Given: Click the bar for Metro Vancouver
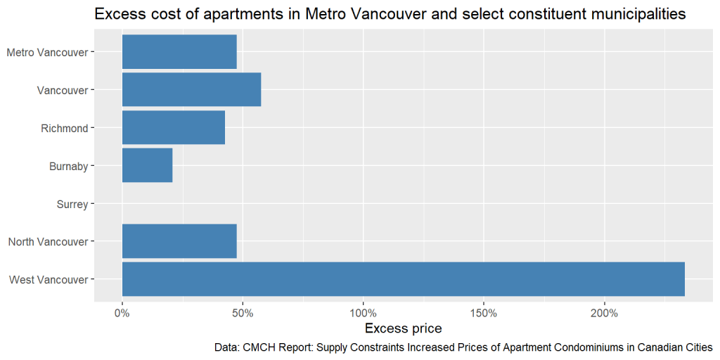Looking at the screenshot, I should click(179, 52).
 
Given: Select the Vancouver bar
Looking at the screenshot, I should click(191, 90).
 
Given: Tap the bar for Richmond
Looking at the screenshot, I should click(174, 128).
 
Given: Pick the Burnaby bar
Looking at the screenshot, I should click(147, 166).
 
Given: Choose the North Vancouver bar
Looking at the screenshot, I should click(179, 242).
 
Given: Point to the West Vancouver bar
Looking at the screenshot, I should click(403, 279).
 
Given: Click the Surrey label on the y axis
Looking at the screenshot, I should click(72, 205).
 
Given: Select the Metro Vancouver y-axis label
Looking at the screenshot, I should click(47, 53).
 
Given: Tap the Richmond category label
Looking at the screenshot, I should click(65, 129).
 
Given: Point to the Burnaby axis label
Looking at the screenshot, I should click(68, 167).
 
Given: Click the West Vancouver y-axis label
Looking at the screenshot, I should click(49, 280).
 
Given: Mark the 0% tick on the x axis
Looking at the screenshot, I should click(122, 312).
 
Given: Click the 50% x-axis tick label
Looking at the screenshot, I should click(243, 312).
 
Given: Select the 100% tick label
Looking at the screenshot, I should click(363, 312).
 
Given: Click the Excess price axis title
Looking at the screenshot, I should click(403, 328).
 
